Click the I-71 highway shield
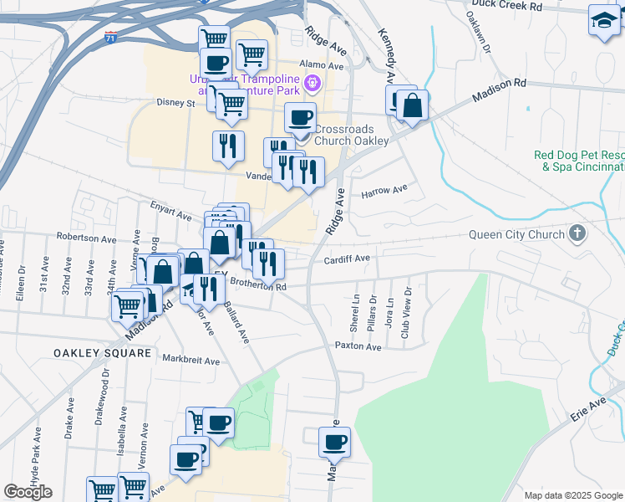(x=111, y=37)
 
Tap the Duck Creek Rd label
(x=506, y=6)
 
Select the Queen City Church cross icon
(x=577, y=233)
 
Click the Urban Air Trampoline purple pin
(x=312, y=82)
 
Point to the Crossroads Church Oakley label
(x=351, y=135)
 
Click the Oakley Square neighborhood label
(x=103, y=353)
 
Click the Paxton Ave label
(x=358, y=346)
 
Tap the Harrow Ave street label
(x=384, y=192)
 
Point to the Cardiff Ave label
(x=347, y=259)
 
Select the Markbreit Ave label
(x=191, y=361)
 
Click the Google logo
(x=28, y=492)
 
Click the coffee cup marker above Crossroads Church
(x=300, y=118)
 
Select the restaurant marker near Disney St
(x=227, y=146)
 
